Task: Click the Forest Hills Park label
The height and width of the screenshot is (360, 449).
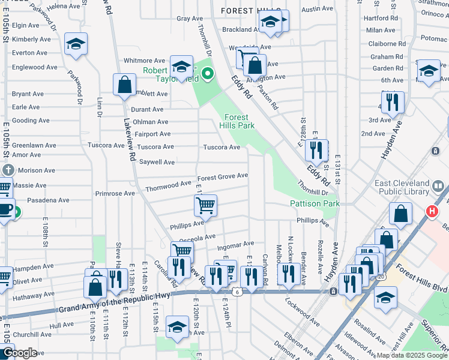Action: click(240, 121)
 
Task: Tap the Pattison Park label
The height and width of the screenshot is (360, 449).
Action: click(315, 203)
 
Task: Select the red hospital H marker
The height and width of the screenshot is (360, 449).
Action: click(430, 211)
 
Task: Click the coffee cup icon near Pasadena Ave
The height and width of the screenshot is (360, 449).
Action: click(5, 209)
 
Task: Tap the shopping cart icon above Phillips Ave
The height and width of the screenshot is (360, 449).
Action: click(205, 205)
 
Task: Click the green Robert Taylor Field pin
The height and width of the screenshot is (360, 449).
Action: click(208, 75)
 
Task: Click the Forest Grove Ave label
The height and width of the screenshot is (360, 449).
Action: click(223, 176)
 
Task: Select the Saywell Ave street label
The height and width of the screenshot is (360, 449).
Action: click(157, 162)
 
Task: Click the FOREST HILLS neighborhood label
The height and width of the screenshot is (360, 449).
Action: click(250, 11)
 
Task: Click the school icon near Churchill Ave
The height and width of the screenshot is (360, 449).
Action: click(177, 327)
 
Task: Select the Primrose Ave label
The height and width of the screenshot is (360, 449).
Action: click(115, 194)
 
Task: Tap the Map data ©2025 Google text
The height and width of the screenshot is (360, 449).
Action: click(412, 355)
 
